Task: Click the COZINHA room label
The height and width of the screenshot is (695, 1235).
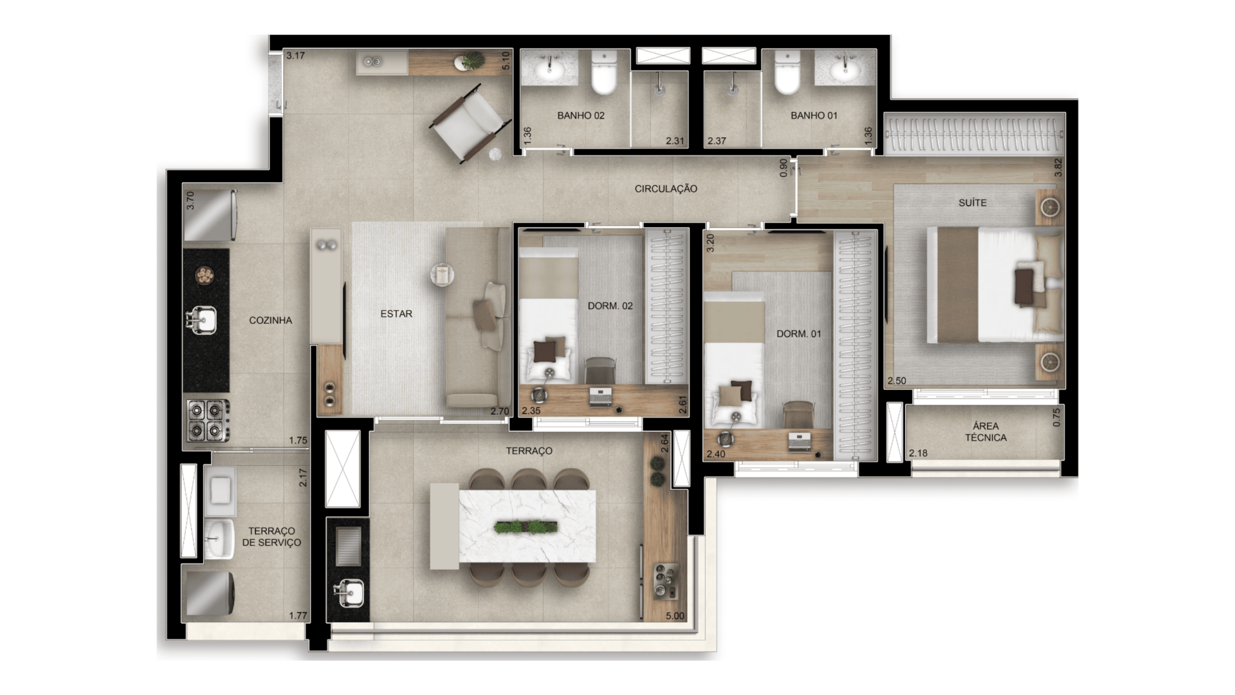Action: (270, 320)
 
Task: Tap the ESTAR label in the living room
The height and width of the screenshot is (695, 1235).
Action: (396, 313)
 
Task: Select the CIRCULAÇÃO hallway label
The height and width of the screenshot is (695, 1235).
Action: (666, 189)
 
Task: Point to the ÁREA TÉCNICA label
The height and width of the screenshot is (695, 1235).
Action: (985, 432)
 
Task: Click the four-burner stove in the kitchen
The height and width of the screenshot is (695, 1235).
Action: (208, 420)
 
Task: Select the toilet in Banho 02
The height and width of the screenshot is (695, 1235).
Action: (604, 72)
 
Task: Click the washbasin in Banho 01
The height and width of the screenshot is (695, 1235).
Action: (845, 68)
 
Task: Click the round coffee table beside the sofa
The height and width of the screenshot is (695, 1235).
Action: (443, 275)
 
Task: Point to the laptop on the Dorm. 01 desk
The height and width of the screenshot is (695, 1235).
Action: (800, 441)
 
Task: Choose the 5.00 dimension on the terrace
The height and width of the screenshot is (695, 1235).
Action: (675, 616)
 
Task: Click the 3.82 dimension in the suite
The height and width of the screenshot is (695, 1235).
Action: (1057, 168)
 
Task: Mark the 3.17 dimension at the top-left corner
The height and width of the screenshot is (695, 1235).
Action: (295, 55)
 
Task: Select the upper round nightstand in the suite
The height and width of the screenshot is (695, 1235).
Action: (1050, 207)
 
